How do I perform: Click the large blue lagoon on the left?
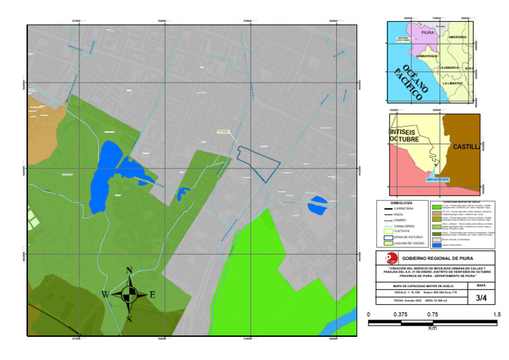pos(105,176)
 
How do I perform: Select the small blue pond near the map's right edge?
pos(317,205)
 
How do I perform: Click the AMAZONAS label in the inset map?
pos(458,38)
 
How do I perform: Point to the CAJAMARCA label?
pos(454,68)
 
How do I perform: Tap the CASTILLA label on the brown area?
pos(465,147)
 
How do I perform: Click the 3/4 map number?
pos(481,298)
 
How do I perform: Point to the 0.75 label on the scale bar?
pos(432,315)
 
